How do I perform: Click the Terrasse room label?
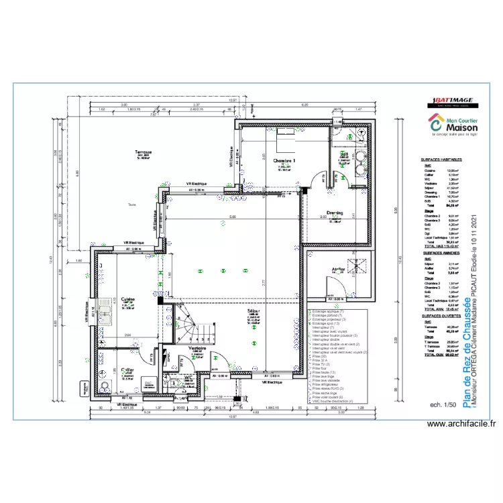142,152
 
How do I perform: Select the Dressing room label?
335,213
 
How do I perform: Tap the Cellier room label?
127,370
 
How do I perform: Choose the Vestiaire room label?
197,349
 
